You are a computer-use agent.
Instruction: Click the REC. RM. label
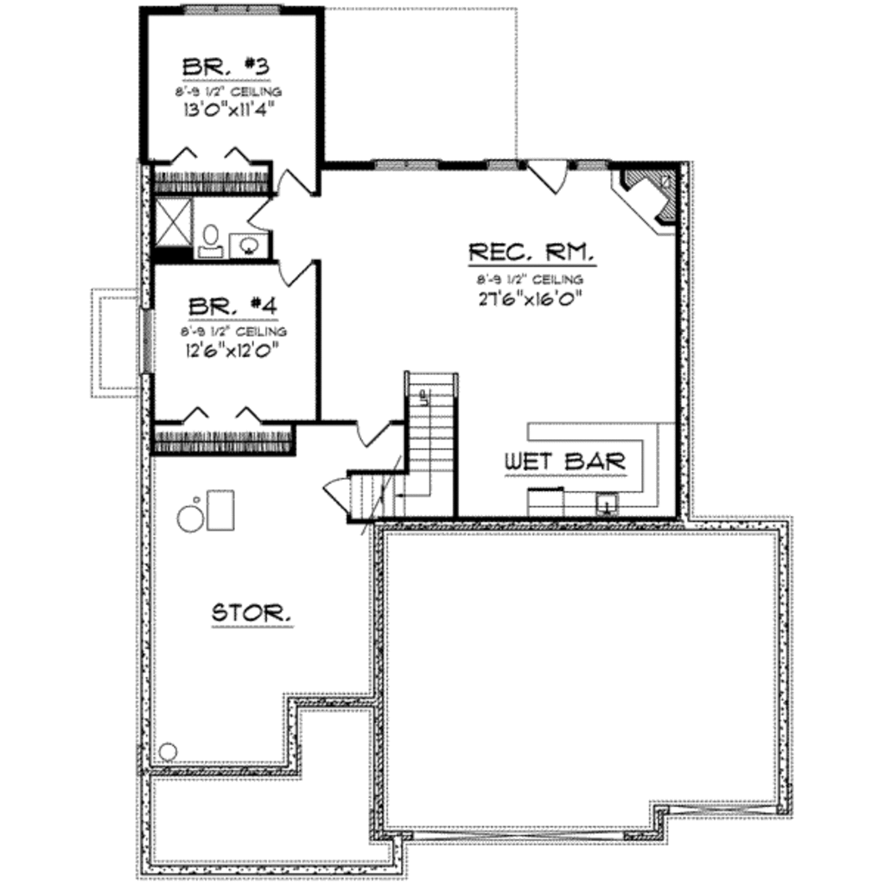[531, 253]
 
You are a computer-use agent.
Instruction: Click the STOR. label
[251, 613]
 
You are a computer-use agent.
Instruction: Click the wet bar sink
[608, 503]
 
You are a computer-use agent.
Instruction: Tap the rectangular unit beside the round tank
[220, 509]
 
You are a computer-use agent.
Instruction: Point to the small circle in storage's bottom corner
[168, 750]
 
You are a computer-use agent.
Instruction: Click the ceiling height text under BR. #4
[233, 331]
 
